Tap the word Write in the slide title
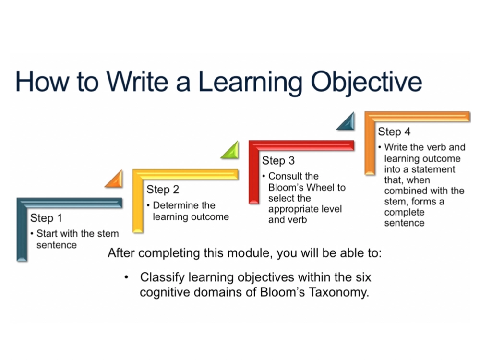[137, 81]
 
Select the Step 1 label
[46, 218]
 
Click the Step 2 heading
[163, 190]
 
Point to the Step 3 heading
[278, 161]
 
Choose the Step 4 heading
[394, 132]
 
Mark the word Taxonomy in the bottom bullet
[338, 292]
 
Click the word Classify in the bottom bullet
[162, 277]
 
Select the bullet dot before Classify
[126, 277]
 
